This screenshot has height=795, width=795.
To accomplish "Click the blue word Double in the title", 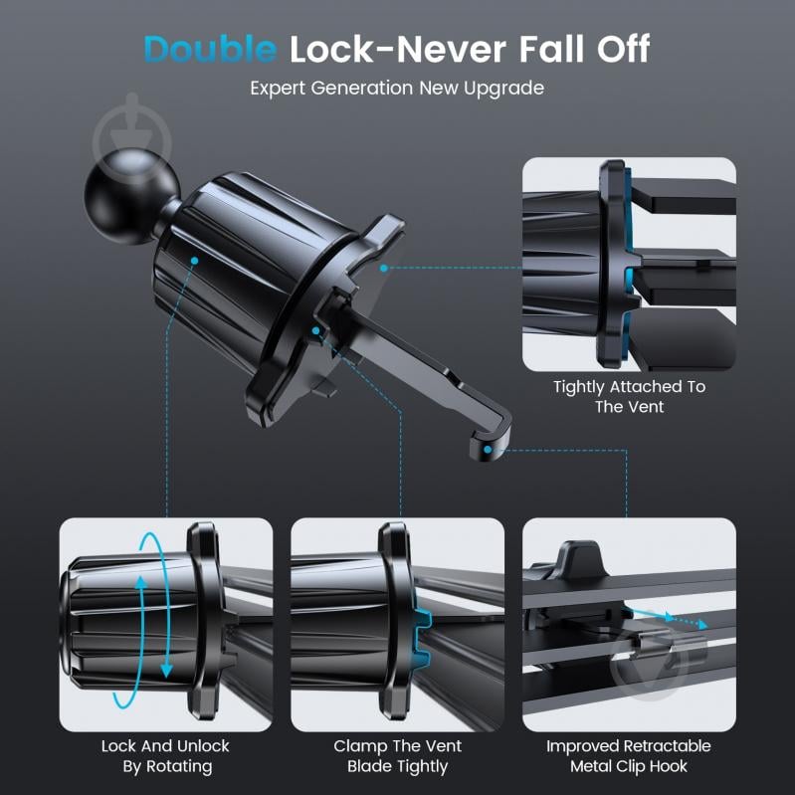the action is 210,49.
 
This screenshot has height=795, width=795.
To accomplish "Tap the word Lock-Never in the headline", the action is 398,49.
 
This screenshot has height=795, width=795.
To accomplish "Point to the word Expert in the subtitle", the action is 278,89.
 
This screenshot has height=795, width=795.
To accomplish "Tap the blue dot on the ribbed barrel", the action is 194,261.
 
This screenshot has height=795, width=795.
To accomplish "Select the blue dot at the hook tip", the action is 488,449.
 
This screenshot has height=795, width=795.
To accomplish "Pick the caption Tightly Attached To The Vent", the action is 629,396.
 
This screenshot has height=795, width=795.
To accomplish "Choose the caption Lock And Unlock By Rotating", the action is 166,756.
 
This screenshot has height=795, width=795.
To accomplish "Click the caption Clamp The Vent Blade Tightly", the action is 398,756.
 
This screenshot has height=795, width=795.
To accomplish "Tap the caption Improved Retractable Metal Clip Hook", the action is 629,756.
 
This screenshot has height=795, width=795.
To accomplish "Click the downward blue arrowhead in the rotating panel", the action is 166,672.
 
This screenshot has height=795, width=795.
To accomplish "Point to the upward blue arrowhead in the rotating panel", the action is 141,582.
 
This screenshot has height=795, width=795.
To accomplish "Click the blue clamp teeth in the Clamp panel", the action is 421,637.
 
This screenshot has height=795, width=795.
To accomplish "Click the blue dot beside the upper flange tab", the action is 384,268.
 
